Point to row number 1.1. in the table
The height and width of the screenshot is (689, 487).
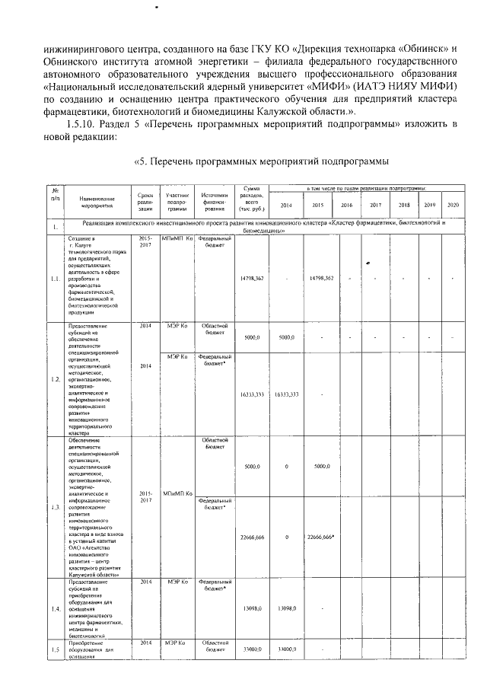(x=56, y=279)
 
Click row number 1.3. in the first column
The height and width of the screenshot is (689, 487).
(x=56, y=506)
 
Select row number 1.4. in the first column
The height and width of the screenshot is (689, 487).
(x=56, y=609)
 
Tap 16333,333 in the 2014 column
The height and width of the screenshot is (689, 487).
(x=285, y=395)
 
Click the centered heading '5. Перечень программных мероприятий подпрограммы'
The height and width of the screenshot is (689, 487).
(x=263, y=161)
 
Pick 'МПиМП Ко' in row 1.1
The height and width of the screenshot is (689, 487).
(x=177, y=238)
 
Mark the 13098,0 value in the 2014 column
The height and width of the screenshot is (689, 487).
(x=285, y=608)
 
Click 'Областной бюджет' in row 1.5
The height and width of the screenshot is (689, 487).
(x=214, y=647)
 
